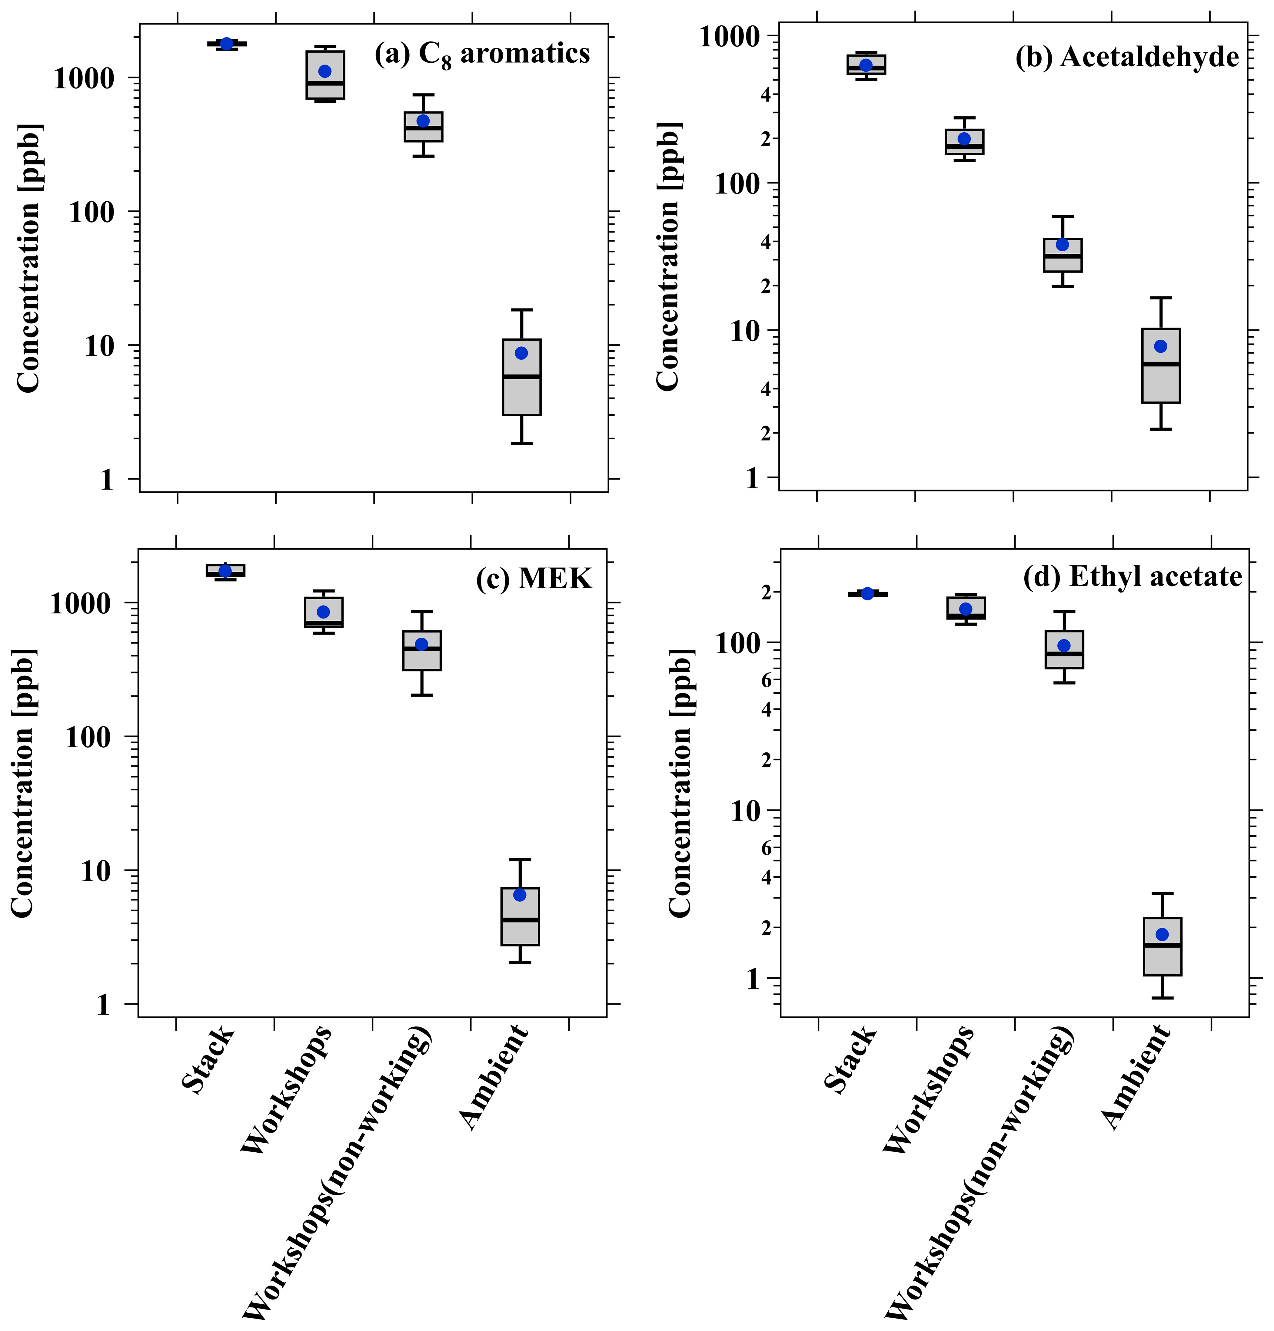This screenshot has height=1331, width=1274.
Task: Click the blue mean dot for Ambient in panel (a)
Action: point(521,353)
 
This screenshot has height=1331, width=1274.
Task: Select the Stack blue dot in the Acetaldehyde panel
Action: point(866,65)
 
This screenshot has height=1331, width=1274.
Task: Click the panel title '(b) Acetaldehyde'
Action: point(1127,57)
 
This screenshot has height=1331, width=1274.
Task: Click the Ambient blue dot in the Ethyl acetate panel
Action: point(1162,935)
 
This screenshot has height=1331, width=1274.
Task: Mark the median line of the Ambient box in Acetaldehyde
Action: point(1161,364)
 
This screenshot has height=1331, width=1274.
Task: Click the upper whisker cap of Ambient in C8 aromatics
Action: point(521,310)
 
